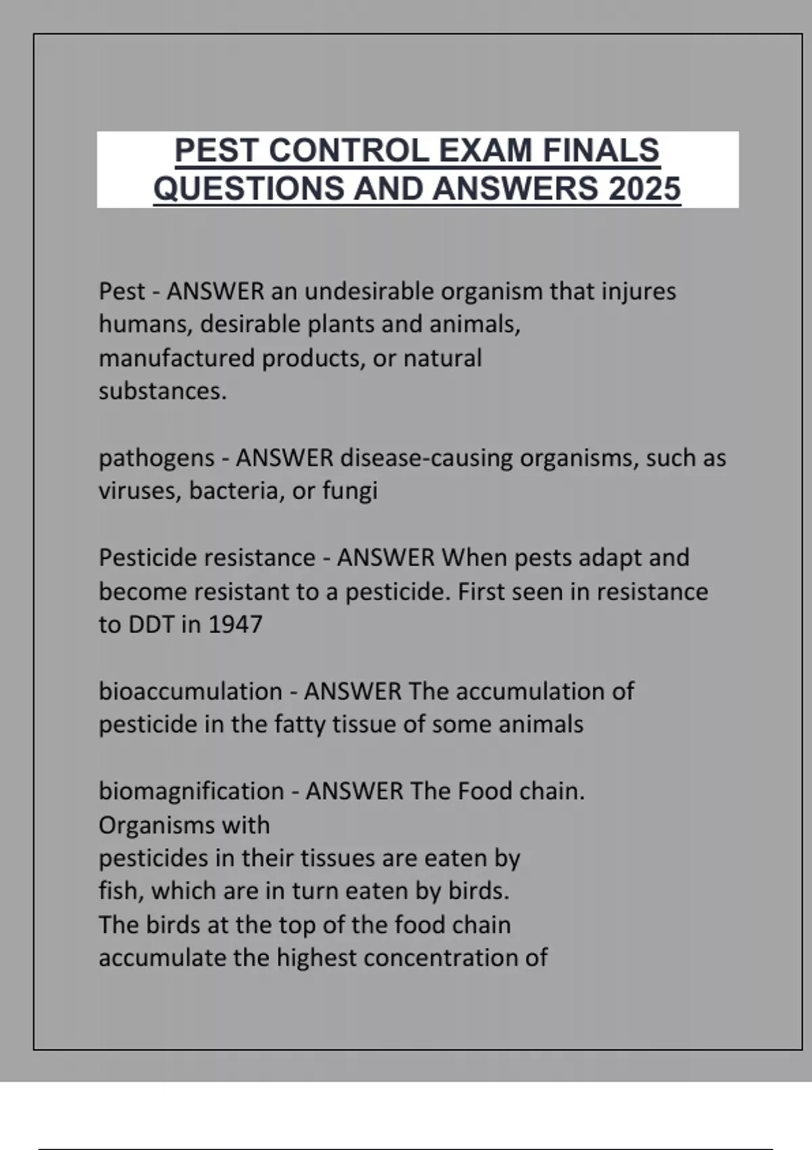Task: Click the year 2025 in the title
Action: [644, 189]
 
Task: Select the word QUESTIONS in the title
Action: [250, 189]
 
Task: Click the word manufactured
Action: [177, 358]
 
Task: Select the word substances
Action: [162, 391]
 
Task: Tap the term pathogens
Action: [156, 459]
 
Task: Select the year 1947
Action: [235, 624]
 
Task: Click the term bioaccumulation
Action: [190, 691]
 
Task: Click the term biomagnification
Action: [191, 791]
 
